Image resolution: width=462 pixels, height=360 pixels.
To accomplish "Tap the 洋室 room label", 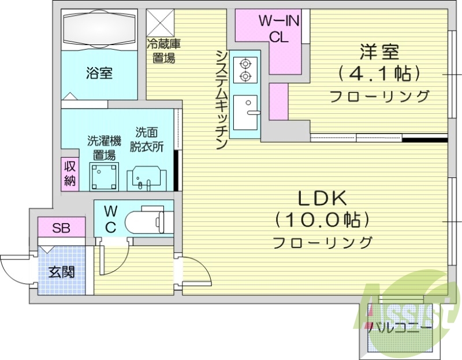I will coord(379,53).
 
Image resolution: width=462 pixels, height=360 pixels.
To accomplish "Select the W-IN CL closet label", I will coord(278,27).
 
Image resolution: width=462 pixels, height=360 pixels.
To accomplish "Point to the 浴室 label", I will coord(99,73).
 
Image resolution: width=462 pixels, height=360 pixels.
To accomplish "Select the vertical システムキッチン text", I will coord(221,99).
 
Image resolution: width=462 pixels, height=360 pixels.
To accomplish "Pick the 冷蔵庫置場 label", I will coord(164,50).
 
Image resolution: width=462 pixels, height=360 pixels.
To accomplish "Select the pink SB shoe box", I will coord(61,228).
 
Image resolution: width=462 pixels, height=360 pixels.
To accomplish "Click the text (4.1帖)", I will coord(379,73).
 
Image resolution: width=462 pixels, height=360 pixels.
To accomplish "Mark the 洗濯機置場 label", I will coord(104,148).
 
